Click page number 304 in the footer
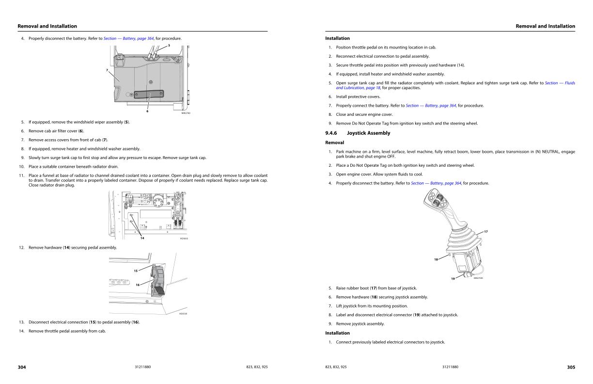22,367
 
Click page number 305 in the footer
571,367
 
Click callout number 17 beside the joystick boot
485,231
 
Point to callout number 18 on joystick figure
436,259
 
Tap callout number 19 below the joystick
453,279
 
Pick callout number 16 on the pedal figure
138,285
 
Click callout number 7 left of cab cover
107,70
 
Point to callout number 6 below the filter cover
147,112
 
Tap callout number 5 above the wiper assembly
169,46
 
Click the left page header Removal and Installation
47,26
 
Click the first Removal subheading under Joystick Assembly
334,143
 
